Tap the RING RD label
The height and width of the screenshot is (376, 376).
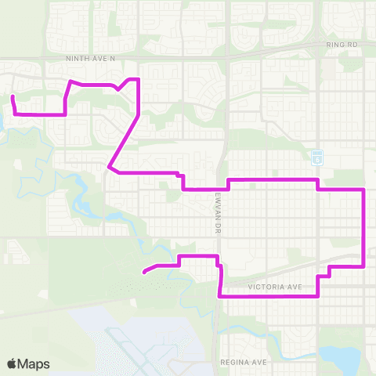342,45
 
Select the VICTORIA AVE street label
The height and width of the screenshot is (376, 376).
274,287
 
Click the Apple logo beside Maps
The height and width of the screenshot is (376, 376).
12,363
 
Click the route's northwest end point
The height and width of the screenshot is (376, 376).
13,97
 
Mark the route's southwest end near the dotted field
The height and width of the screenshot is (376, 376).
144,273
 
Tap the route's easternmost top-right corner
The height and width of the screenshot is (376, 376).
364,190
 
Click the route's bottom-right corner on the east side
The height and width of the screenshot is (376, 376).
364,266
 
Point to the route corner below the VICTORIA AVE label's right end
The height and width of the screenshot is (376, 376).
317,297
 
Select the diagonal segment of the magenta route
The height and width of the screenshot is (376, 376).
124,139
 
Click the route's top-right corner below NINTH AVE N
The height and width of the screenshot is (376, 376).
139,79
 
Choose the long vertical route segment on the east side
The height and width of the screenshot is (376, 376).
364,227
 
